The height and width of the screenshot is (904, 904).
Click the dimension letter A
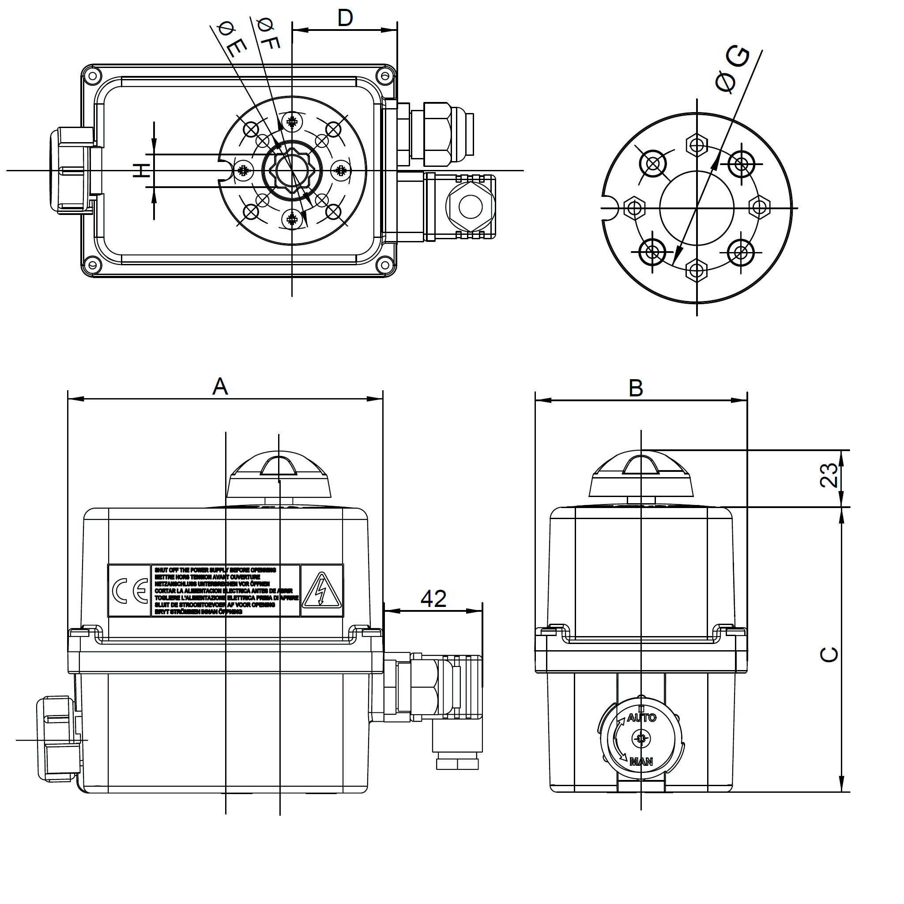pos(220,387)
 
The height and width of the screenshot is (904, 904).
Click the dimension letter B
pos(636,388)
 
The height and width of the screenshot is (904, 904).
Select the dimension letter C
pos(829,654)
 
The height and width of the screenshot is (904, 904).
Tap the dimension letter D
pos(345,18)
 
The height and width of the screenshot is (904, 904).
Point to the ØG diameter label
pos(732,69)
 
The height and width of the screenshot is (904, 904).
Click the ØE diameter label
pos(232,40)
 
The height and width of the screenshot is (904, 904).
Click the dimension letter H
pos(141,170)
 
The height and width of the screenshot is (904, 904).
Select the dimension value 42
pos(433,599)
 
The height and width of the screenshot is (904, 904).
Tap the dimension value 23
pos(829,475)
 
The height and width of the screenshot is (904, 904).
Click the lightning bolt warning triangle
pos(321,591)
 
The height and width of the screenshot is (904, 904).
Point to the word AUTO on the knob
pos(641,718)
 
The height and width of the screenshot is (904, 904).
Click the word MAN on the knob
pos(641,761)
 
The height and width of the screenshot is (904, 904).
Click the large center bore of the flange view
pos(697,208)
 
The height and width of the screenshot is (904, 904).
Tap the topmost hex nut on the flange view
pos(697,145)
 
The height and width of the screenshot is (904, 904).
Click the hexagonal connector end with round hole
pos(470,206)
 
